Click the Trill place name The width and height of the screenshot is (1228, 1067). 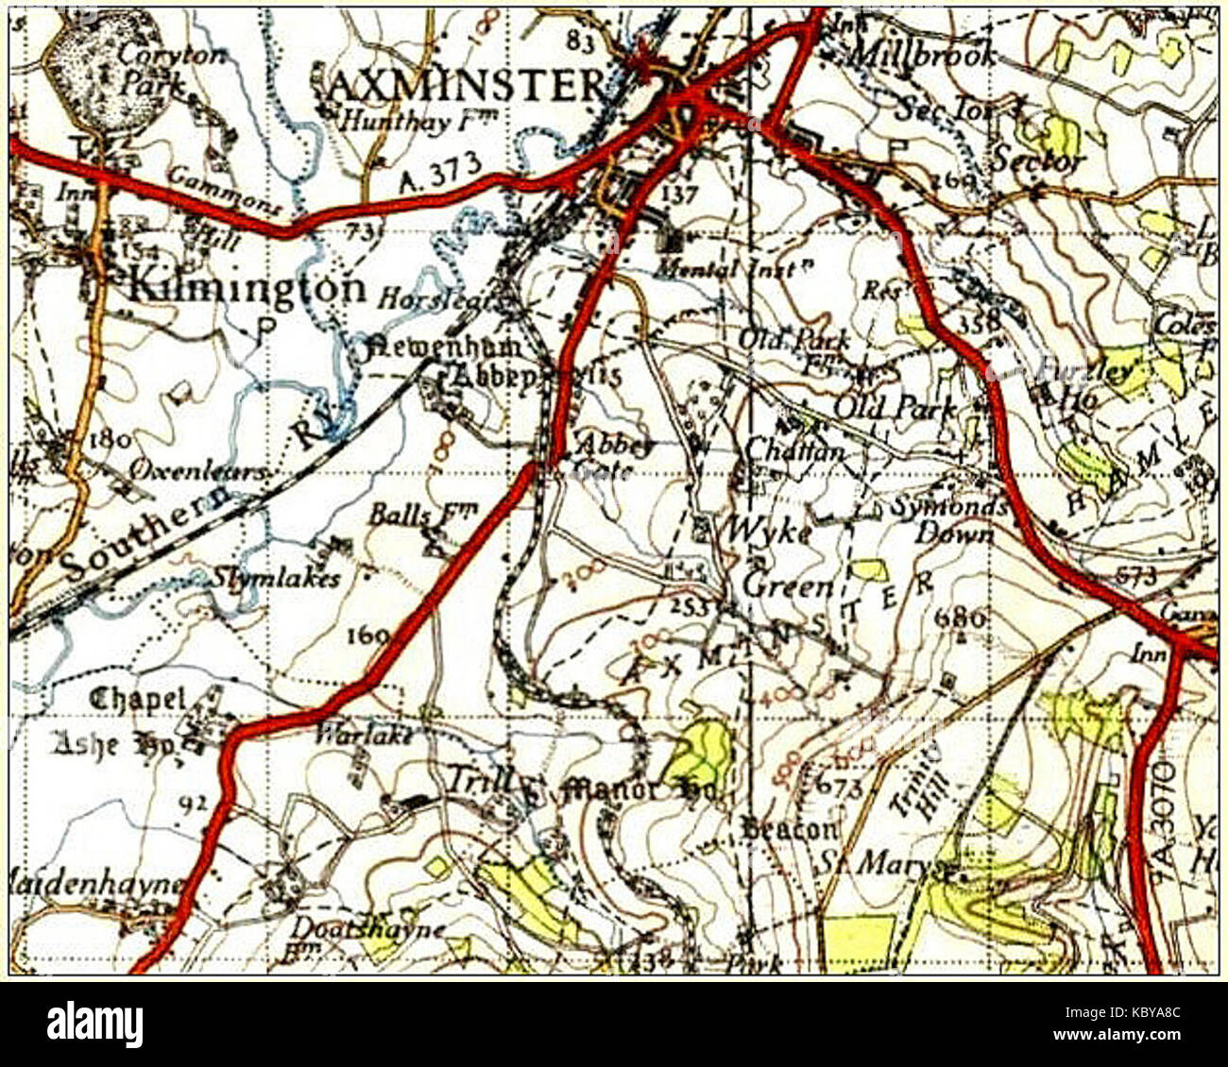479,780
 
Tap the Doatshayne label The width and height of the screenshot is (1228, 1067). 367,929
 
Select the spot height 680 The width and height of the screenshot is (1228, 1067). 961,618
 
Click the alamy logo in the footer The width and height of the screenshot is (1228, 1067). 94,1025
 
